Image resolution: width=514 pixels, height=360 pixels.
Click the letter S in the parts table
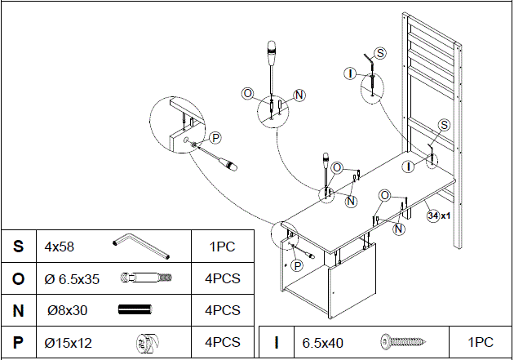point(18,246)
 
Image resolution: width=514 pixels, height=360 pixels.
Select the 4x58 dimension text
point(60,246)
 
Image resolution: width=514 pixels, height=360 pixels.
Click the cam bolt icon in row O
point(146,278)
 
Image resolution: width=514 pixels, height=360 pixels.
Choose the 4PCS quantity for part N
point(223,310)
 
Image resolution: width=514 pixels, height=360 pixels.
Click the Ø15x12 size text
point(69,342)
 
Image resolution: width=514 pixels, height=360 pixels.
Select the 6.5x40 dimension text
point(322,343)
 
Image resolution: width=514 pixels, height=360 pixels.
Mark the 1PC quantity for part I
point(481,343)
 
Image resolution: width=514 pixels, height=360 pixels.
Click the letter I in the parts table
point(277,343)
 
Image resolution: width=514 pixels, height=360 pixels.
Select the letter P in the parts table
point(18,342)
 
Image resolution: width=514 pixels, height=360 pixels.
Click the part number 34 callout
point(432,216)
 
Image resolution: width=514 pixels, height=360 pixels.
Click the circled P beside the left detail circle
point(215,137)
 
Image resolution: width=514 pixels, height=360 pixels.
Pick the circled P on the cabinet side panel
point(297,265)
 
